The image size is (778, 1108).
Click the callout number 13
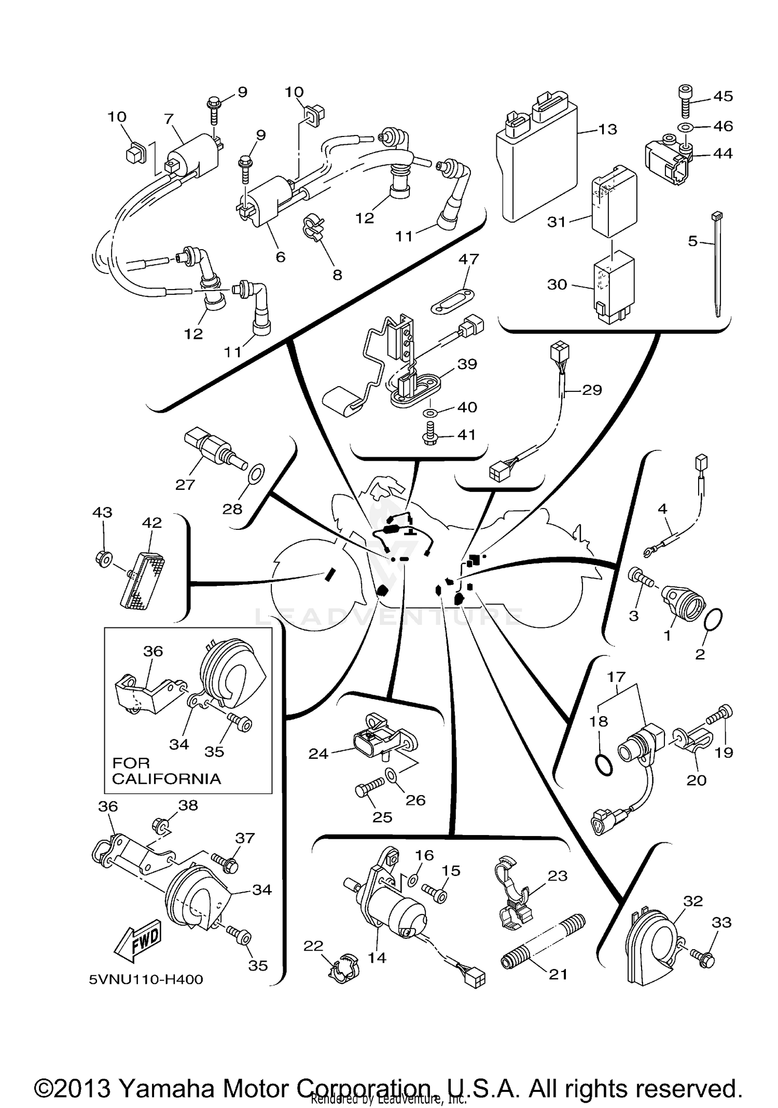click(x=607, y=129)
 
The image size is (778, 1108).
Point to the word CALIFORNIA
click(x=166, y=779)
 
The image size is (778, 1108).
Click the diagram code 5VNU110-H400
click(x=146, y=979)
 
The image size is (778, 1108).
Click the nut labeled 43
click(x=104, y=559)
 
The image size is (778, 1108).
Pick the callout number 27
click(x=185, y=485)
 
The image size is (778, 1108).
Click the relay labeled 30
click(x=614, y=288)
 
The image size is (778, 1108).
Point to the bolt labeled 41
click(x=430, y=433)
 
